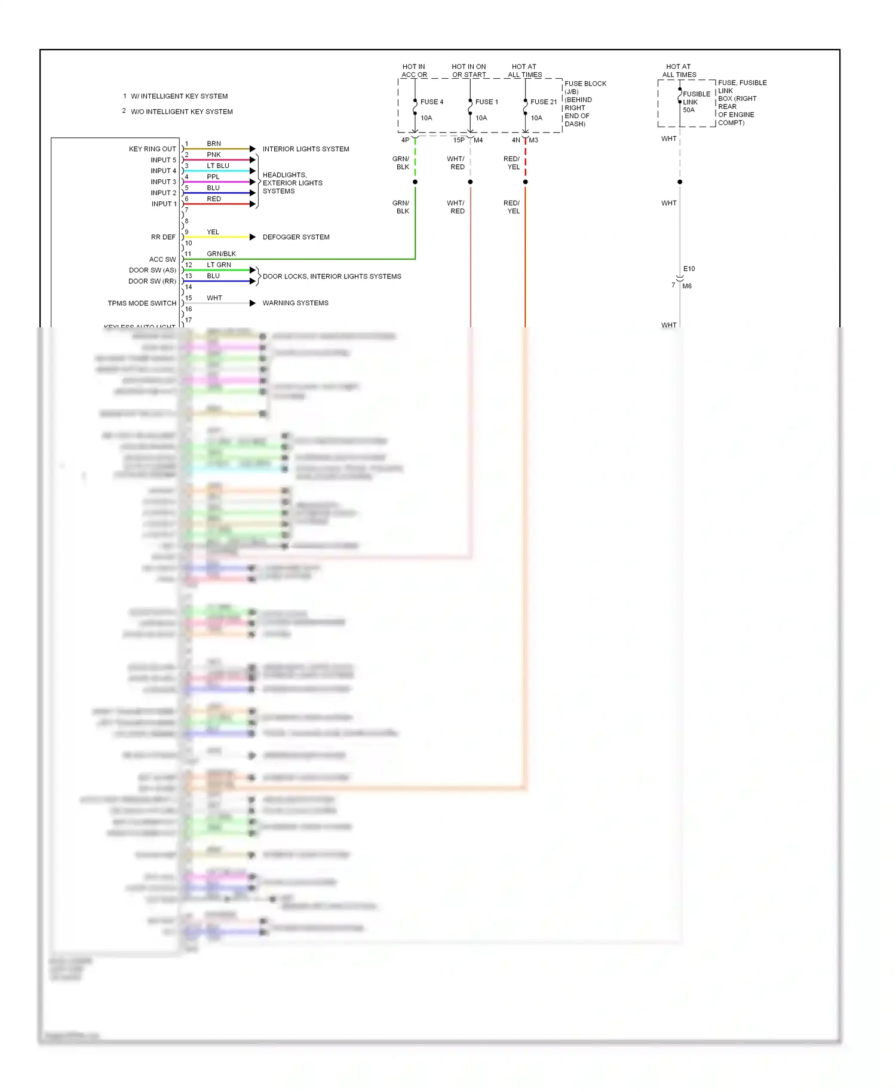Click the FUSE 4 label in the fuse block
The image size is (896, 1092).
pyautogui.click(x=431, y=102)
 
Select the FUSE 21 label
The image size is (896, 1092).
pyautogui.click(x=543, y=102)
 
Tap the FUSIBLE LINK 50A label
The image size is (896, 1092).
pyautogui.click(x=696, y=102)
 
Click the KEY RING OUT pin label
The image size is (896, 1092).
pyautogui.click(x=152, y=149)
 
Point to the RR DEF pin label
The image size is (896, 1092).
pyautogui.click(x=163, y=237)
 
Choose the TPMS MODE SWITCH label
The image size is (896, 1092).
pyautogui.click(x=142, y=303)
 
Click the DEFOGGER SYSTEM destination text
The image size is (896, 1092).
pyautogui.click(x=296, y=237)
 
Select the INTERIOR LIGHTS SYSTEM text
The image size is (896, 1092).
pyautogui.click(x=306, y=149)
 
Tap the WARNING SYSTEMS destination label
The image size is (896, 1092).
pyautogui.click(x=295, y=303)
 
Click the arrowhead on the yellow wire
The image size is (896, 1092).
pyautogui.click(x=253, y=237)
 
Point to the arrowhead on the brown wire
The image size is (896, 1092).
pyautogui.click(x=253, y=149)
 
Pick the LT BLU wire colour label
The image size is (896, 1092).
pyautogui.click(x=218, y=166)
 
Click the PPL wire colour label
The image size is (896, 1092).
pyautogui.click(x=213, y=177)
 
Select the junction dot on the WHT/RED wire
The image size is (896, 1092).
pyautogui.click(x=470, y=182)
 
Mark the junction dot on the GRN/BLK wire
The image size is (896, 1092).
pyautogui.click(x=415, y=182)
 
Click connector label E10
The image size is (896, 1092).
pyautogui.click(x=689, y=269)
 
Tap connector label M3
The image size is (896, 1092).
pyautogui.click(x=533, y=140)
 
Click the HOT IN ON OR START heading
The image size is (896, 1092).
pyautogui.click(x=469, y=70)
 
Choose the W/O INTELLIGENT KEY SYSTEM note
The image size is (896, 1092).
pyautogui.click(x=182, y=112)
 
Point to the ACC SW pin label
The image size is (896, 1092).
pyautogui.click(x=162, y=259)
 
